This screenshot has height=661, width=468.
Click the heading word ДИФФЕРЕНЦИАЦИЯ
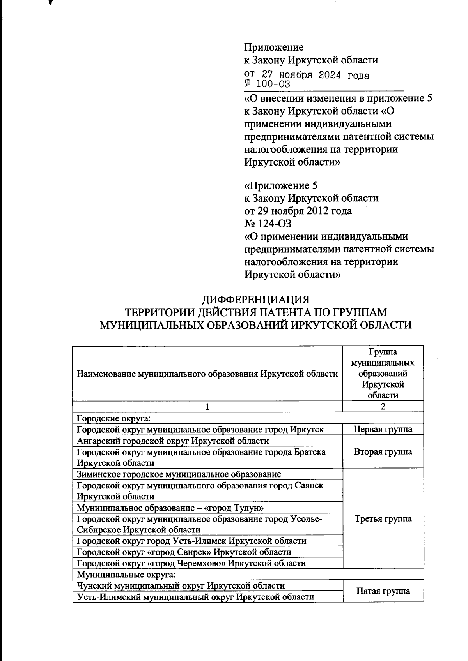coord(255,300)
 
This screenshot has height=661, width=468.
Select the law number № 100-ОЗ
coord(267,84)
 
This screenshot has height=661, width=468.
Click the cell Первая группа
coord(383,430)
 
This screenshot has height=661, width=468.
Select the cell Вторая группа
coord(383,452)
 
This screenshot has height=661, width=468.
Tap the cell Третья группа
coord(383,519)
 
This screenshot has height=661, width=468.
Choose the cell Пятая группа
coord(383,591)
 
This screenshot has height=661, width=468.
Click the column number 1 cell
coord(207,407)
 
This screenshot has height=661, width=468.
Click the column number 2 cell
coord(383,407)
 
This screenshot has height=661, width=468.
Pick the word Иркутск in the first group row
coord(307,430)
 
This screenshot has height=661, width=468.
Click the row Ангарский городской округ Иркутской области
coord(173,441)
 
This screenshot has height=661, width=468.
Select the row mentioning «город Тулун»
coord(167,508)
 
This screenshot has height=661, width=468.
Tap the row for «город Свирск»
coord(184,552)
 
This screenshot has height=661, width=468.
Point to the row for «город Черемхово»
coord(191,563)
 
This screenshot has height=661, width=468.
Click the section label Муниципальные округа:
coord(127,575)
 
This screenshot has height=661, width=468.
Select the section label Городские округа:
coord(113,419)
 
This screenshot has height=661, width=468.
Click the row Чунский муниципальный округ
coord(181,586)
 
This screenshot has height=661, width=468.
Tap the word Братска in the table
coord(308,452)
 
